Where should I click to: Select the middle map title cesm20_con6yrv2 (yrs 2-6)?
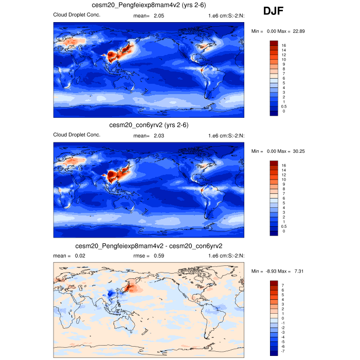(x=149, y=125)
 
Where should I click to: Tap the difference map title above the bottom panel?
(x=149, y=246)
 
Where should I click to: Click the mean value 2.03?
(x=158, y=135)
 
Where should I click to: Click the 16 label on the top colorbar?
(x=284, y=45)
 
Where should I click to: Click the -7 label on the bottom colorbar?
(x=284, y=351)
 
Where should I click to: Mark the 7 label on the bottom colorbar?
(x=283, y=284)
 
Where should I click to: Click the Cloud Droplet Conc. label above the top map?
(x=77, y=14)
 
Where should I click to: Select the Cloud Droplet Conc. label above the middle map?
(x=77, y=135)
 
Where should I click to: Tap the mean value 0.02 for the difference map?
(x=80, y=256)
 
